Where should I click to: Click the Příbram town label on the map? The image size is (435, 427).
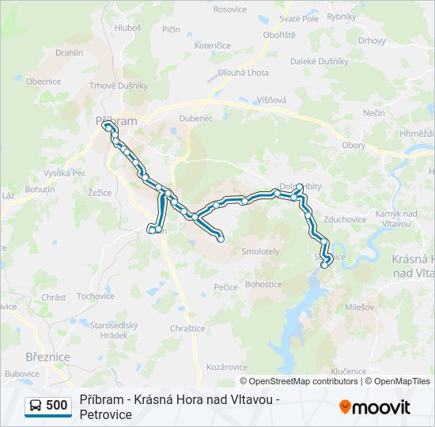115,121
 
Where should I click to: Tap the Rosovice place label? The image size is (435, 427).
230,9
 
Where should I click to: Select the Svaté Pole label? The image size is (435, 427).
299,19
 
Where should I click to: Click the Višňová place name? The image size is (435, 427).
271,100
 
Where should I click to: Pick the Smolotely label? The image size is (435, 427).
261,251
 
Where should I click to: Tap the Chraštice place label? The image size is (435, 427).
187,329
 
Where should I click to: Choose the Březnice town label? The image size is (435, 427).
47,357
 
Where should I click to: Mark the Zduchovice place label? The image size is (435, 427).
345,220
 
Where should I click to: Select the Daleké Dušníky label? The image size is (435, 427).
320,61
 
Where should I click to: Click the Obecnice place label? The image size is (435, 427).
43,81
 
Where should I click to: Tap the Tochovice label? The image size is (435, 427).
96,297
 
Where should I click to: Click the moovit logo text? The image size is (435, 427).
381,408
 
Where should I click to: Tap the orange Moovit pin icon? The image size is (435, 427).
345,407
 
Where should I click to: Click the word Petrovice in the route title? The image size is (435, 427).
107,414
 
